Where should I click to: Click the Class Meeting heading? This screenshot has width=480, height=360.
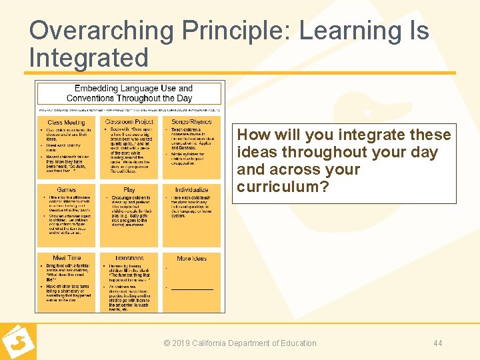coord(66,122)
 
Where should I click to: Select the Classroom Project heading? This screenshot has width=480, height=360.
coord(129,122)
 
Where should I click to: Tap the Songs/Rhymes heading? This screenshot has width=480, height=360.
coord(192,122)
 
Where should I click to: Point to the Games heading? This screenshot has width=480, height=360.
coord(66,190)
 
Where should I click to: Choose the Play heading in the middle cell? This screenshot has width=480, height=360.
coord(129,190)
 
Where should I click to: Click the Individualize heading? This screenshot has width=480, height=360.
coord(192,190)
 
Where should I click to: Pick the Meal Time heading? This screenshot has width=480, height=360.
coord(67,258)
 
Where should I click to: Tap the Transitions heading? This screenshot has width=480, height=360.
coord(129,258)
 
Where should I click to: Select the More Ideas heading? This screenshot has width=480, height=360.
coord(192,258)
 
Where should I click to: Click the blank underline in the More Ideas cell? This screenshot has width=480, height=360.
coord(192,289)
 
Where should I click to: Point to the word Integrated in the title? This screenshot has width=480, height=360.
coord(89,58)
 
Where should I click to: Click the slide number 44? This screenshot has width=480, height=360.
coord(437,343)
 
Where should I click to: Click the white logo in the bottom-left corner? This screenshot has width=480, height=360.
coord(17,342)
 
